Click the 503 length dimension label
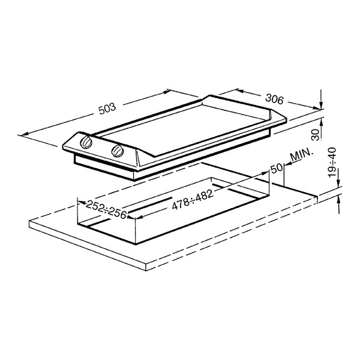[107, 109]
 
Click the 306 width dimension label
[275, 99]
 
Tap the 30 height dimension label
[316, 135]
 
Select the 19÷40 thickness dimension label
[332, 163]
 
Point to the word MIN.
[302, 156]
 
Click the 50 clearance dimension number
[277, 168]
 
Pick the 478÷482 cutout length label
[193, 200]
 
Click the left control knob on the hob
[86, 142]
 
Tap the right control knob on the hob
[118, 151]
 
